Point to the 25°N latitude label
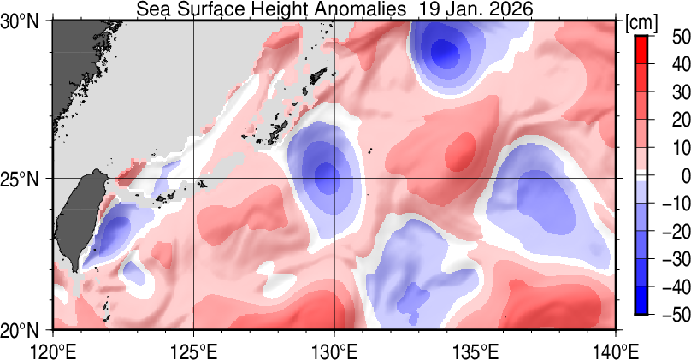click(x=26, y=179)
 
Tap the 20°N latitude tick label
click(x=26, y=329)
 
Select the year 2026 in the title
click(x=511, y=9)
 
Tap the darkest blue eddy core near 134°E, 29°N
click(x=445, y=51)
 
